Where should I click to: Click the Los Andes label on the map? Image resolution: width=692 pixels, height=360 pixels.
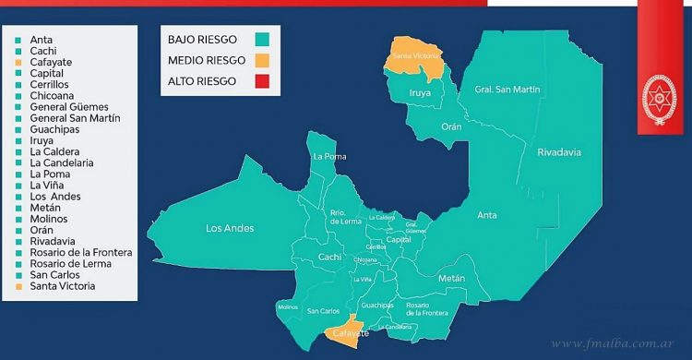coord(230,228)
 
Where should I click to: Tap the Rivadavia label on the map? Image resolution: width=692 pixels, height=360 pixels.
coord(560,153)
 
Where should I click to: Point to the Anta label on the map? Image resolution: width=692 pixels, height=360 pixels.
coord(486,215)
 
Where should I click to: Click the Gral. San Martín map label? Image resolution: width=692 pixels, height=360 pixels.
coord(507,90)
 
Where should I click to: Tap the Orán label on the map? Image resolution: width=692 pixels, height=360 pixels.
coord(452,126)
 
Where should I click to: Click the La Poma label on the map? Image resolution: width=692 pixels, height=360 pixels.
coord(328,156)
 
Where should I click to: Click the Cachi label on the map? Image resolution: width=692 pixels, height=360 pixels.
coord(330,257)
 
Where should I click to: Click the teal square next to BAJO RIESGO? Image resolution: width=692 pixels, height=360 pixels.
coord(262,40)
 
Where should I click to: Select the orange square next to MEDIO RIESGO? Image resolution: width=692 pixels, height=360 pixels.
coord(262,61)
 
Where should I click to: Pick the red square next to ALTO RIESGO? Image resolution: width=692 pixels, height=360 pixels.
coord(262,82)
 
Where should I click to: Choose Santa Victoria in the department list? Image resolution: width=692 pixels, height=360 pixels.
coord(62,286)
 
